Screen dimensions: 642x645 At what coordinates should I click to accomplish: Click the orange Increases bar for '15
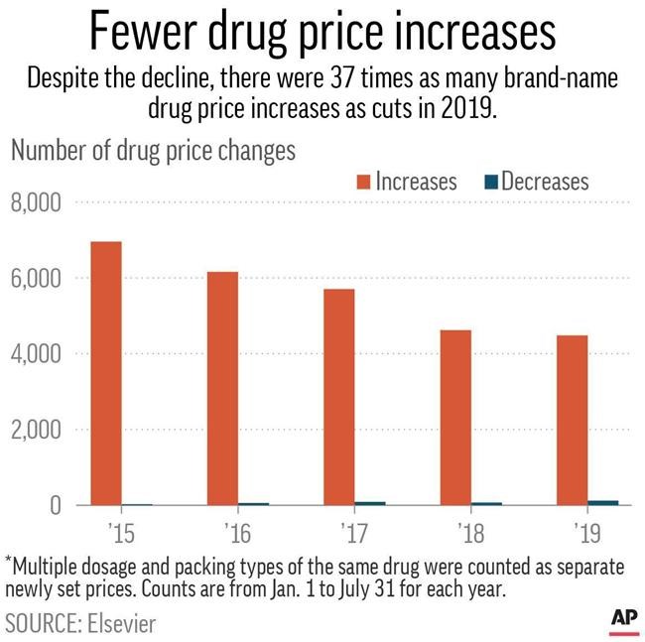[105, 373]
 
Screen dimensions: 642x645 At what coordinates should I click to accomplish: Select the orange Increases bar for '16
[223, 388]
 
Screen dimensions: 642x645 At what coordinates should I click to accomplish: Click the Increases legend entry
[402, 182]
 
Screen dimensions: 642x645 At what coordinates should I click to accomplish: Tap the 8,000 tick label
[37, 203]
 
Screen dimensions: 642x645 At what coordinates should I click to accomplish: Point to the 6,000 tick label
[37, 279]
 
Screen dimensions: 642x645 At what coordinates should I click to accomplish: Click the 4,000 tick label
[37, 354]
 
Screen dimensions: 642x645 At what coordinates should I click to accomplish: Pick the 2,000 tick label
[37, 431]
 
